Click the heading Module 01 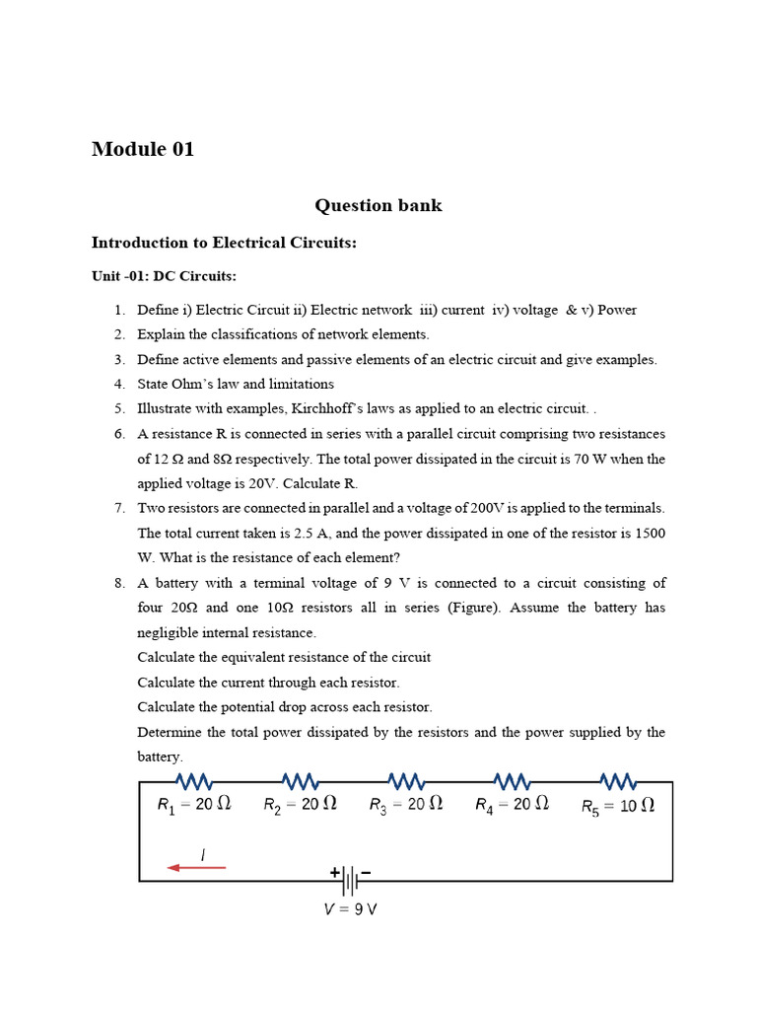pyautogui.click(x=143, y=150)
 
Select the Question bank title pyautogui.click(x=378, y=205)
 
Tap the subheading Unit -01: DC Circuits pyautogui.click(x=164, y=277)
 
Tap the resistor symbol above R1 pyautogui.click(x=190, y=782)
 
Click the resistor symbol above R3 pyautogui.click(x=406, y=782)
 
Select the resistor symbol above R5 pyautogui.click(x=618, y=782)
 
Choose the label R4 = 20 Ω pyautogui.click(x=512, y=805)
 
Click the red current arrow pyautogui.click(x=196, y=868)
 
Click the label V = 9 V pyautogui.click(x=350, y=909)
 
